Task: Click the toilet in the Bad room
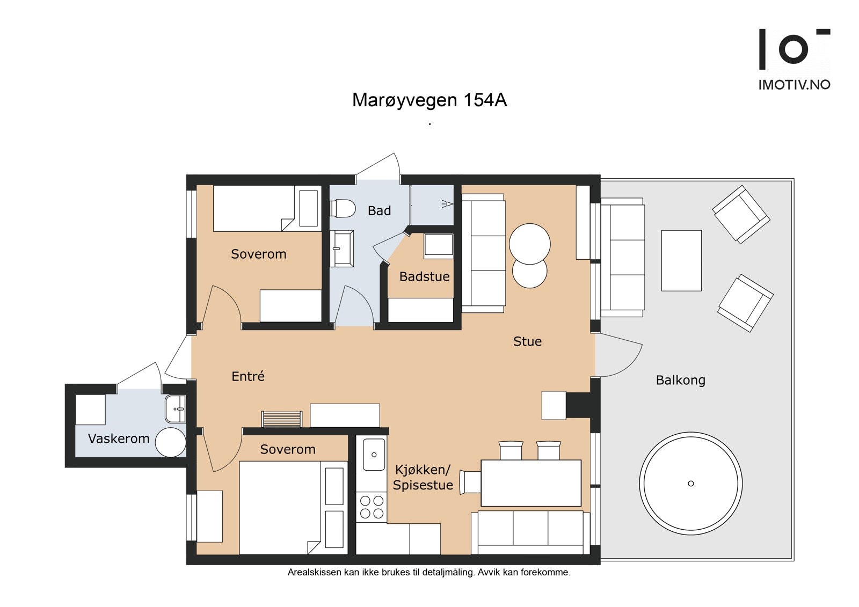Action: tap(343, 208)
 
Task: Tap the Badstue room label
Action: tap(424, 276)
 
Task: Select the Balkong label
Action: tap(680, 380)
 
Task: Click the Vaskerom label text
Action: tap(119, 438)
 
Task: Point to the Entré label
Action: tap(247, 376)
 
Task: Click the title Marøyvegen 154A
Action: tap(429, 100)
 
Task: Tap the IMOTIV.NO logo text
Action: tap(794, 85)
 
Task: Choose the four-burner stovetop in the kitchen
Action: tap(372, 507)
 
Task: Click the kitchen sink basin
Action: tap(374, 455)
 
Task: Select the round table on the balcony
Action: tap(690, 484)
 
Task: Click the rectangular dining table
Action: tap(531, 483)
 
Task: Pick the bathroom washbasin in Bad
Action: tap(341, 248)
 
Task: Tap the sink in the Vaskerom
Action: tap(176, 409)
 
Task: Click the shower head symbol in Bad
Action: tap(447, 203)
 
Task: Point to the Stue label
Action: tap(527, 341)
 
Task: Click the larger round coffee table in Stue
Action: tap(529, 244)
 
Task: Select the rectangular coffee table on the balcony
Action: tap(681, 260)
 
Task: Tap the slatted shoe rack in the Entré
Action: tap(282, 419)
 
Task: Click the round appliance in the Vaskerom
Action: tap(171, 442)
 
